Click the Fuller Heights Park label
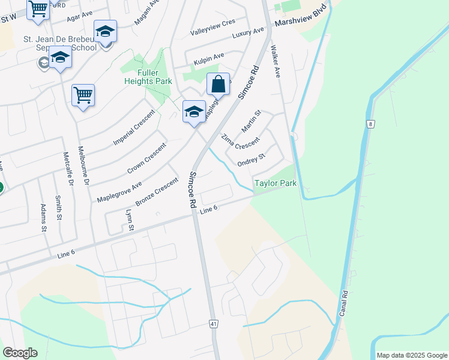146,77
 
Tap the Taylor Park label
276,183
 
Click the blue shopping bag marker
218,84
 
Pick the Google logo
20,352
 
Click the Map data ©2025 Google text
411,355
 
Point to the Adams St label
43,217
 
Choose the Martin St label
251,121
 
